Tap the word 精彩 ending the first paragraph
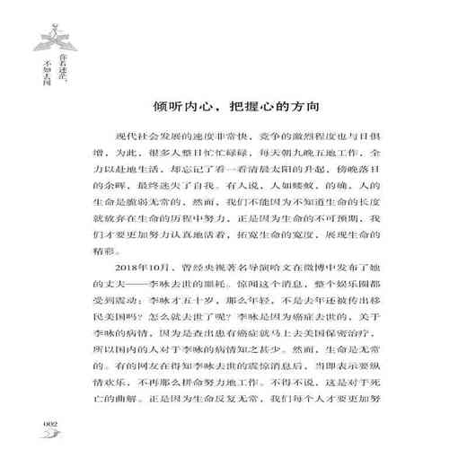[x=105, y=254]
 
